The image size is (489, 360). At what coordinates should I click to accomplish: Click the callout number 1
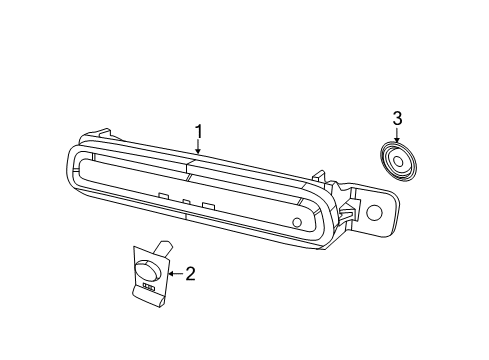[198, 131]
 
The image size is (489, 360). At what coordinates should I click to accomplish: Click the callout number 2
[188, 271]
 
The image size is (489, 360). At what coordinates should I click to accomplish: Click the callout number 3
[398, 120]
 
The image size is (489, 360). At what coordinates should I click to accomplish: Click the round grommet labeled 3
[398, 162]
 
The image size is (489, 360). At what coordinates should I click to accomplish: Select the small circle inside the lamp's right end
[297, 222]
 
